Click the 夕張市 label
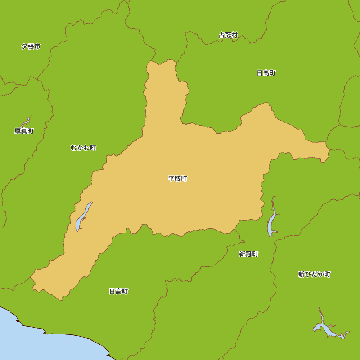[31, 46]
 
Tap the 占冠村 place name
[228, 35]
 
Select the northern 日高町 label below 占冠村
[266, 73]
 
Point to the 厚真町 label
[24, 131]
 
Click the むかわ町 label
[84, 148]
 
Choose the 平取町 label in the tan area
[178, 179]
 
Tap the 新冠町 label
[248, 254]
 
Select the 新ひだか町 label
[314, 274]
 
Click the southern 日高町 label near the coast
[119, 292]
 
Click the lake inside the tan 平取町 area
[82, 218]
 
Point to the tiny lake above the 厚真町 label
[27, 121]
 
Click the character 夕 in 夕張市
[24, 46]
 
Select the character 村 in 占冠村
[235, 35]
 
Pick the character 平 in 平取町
[171, 179]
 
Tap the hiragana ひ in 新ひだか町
[308, 274]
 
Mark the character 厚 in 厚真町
[18, 131]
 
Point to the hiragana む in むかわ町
[74, 148]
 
